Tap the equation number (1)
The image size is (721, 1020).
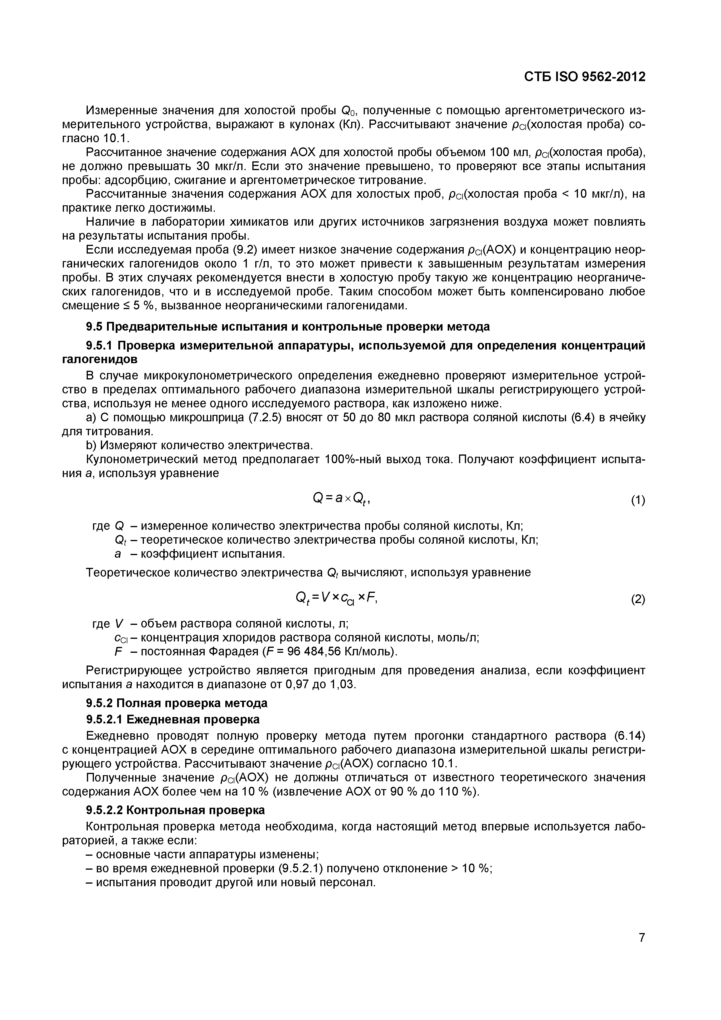(x=638, y=501)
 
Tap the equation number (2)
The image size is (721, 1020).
(x=638, y=600)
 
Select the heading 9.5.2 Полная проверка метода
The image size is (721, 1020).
(x=176, y=703)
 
